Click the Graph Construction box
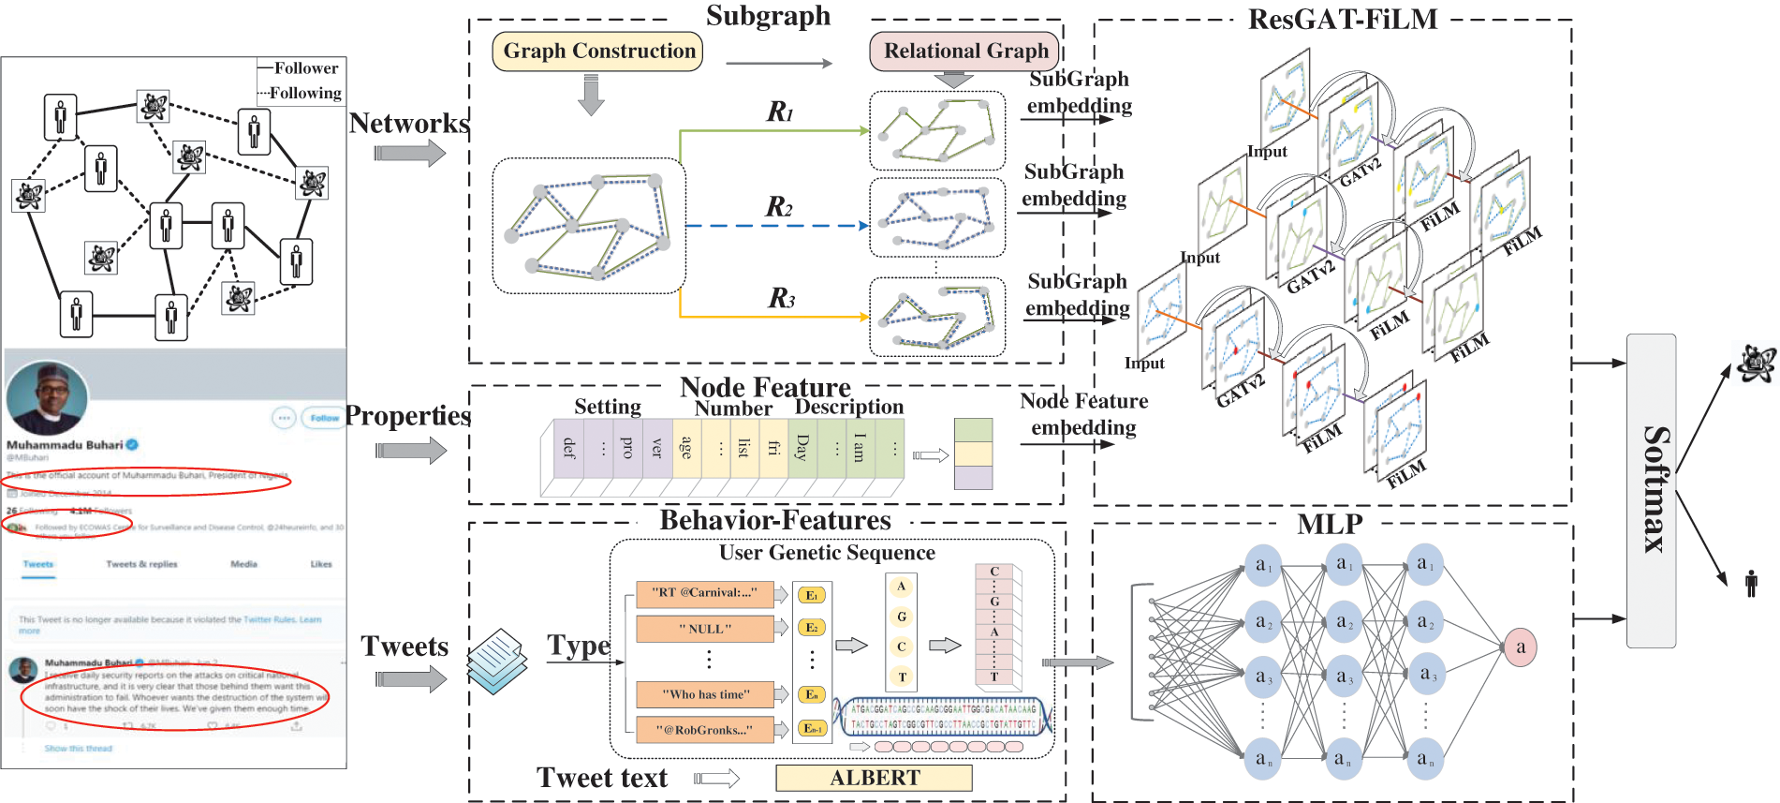(x=597, y=52)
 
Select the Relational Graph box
(x=965, y=52)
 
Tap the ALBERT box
(x=874, y=778)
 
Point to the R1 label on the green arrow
(x=779, y=112)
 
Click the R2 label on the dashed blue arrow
(x=779, y=207)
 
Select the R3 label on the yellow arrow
(x=781, y=299)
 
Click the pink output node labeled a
(x=1520, y=647)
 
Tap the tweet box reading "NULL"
(x=704, y=629)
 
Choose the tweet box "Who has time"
(x=704, y=694)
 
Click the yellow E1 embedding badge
(x=811, y=595)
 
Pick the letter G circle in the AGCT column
(x=901, y=617)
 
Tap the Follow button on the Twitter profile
(x=324, y=418)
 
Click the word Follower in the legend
(x=306, y=68)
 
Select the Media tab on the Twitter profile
(x=243, y=564)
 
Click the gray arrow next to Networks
(x=410, y=153)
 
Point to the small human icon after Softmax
(x=1751, y=584)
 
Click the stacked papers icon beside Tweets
(x=496, y=661)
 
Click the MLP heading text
(x=1330, y=525)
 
